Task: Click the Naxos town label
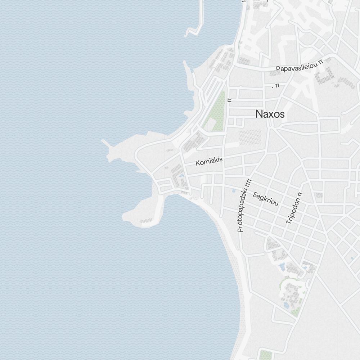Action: [270, 114]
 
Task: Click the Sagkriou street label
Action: [266, 199]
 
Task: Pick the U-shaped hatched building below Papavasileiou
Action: [324, 76]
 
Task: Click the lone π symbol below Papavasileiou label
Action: [276, 86]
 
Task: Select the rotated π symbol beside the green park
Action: [229, 100]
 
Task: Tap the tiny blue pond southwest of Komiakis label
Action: [182, 176]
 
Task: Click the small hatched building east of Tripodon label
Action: [318, 195]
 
